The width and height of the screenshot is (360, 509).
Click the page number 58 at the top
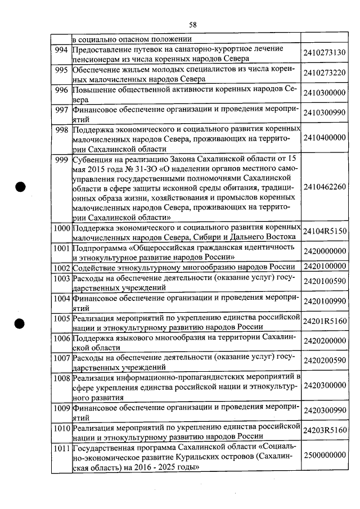192,24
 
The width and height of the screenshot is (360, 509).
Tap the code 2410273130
323,55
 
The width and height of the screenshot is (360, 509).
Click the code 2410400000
323,138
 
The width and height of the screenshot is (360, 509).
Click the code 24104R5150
323,231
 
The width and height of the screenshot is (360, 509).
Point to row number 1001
60,247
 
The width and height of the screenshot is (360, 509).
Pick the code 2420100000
323,266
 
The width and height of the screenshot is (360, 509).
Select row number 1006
60,337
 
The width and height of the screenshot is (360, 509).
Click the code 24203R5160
323,430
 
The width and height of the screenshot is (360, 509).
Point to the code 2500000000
323,454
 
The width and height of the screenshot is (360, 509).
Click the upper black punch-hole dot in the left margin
21,187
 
